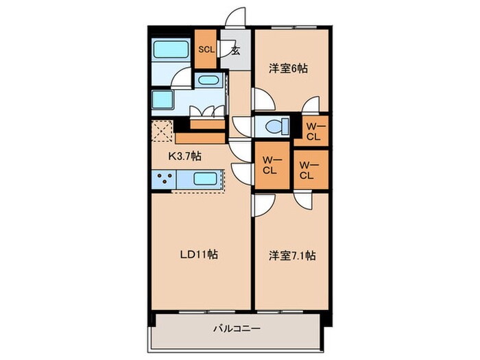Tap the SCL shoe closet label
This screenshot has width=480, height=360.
point(206,49)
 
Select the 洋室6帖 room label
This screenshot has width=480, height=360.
point(287,69)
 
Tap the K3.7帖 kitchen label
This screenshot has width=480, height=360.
point(185,155)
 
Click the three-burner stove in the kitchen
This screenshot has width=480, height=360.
point(165,180)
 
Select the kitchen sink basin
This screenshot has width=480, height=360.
point(206,180)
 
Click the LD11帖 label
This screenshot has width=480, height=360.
point(199,254)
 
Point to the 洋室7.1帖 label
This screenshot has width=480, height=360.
point(291,256)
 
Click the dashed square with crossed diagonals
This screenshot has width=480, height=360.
point(162,131)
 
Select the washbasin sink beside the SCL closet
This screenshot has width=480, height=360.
point(207,81)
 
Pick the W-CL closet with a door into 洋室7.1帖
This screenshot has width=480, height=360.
point(306,169)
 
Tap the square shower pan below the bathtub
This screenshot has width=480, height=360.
point(164,101)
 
